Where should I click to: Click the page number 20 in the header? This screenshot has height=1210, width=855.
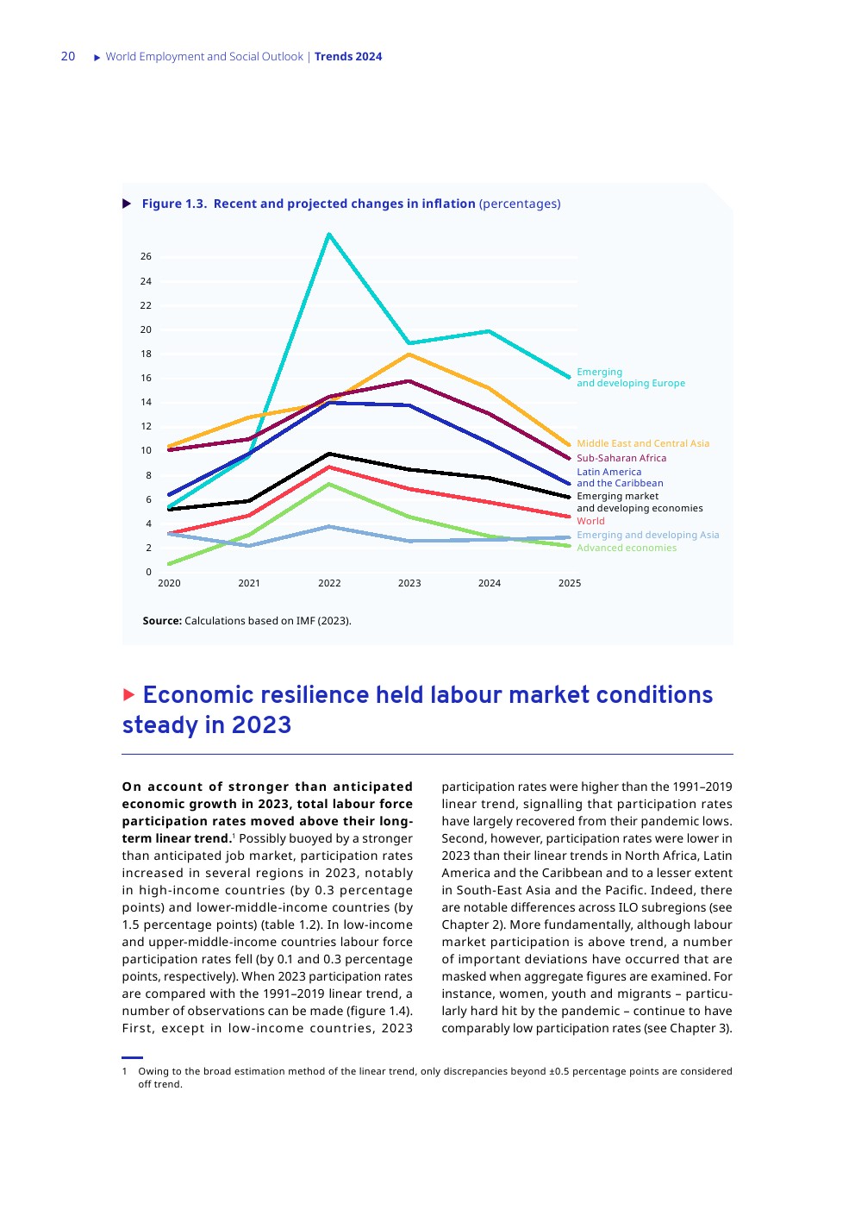68,56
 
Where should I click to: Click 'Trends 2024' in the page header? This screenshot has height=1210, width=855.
348,57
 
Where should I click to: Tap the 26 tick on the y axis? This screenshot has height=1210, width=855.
146,256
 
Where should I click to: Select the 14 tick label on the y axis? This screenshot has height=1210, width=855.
146,402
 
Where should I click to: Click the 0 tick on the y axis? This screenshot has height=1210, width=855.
148,572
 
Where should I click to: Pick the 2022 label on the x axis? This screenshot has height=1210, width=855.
329,583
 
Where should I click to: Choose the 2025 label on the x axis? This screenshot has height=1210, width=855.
570,583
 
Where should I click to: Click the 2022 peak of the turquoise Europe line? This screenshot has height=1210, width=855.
329,234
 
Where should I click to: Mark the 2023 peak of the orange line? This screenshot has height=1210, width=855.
409,354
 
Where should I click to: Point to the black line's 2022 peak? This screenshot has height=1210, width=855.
329,454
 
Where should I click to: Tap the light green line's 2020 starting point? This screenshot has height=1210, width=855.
169,564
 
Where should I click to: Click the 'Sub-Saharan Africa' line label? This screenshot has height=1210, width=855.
621,458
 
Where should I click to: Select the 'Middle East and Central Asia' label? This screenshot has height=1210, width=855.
643,443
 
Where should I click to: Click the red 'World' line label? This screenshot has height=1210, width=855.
590,521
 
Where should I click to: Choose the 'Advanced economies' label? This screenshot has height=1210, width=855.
627,548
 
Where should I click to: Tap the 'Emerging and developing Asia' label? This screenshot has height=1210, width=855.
647,535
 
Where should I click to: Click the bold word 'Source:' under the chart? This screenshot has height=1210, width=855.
162,621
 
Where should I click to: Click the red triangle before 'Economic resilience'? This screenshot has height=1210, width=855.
129,694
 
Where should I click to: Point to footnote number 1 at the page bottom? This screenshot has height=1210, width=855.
125,1071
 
